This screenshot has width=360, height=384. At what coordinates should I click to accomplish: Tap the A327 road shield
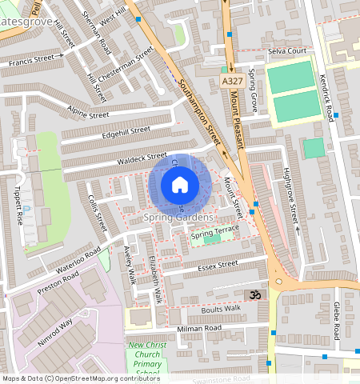pyautogui.click(x=230, y=81)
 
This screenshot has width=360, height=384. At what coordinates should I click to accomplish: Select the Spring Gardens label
pyautogui.click(x=179, y=218)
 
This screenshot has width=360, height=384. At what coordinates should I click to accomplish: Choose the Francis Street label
pyautogui.click(x=36, y=59)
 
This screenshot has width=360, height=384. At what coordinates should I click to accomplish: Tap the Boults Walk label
pyautogui.click(x=221, y=308)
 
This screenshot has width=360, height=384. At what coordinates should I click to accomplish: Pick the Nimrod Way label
pyautogui.click(x=54, y=331)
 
